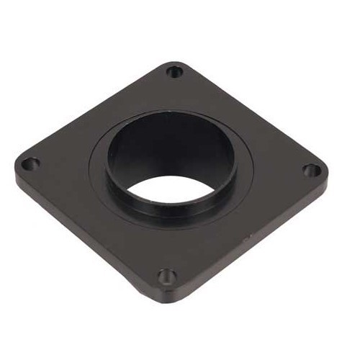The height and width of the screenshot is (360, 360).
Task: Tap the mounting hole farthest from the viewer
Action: pos(174,71)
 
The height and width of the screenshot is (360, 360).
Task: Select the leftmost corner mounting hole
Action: pos(29,164)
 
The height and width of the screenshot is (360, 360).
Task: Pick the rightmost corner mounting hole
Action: pos(311,171)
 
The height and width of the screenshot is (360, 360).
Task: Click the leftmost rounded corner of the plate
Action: pos(17,169)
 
